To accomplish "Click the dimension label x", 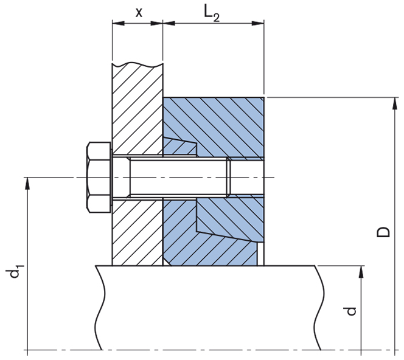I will (138, 12).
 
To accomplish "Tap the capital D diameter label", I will (383, 232).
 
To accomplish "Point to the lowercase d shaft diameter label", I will (350, 311).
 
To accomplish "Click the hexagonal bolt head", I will (99, 177).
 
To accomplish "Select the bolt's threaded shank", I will (176, 177).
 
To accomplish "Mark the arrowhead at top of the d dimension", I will (361, 272).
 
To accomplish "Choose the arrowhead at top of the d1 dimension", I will (27, 183).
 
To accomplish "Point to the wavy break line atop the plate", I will (137, 63).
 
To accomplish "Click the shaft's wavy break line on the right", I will (317, 307).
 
